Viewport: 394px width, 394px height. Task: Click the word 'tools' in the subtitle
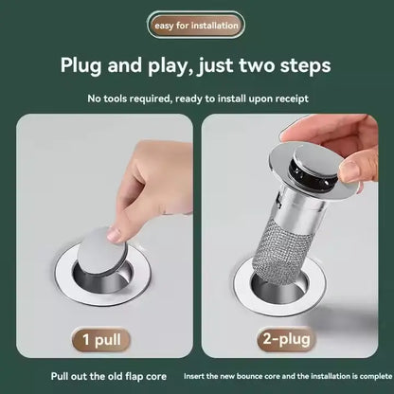coord(140,98)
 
